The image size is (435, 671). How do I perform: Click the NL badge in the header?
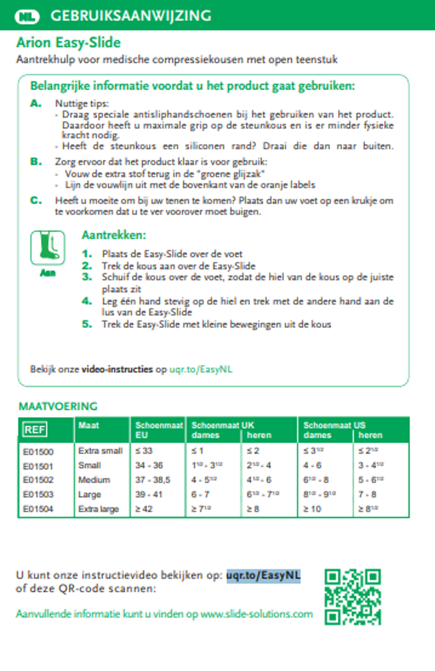click(x=27, y=16)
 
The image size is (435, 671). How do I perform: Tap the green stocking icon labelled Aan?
click(x=48, y=248)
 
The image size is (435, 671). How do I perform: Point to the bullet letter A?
click(x=36, y=104)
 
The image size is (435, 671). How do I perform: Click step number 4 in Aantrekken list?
click(x=87, y=301)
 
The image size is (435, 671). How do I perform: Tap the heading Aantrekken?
click(x=114, y=235)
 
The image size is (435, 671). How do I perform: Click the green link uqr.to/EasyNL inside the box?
click(x=201, y=369)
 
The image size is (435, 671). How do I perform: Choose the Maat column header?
click(x=89, y=425)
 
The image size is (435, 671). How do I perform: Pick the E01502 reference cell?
click(x=38, y=480)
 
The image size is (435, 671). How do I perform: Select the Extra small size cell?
click(x=100, y=451)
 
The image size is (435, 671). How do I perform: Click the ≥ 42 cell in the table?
click(x=144, y=509)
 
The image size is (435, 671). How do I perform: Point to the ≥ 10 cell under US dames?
click(x=312, y=509)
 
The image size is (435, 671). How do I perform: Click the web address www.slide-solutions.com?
click(x=256, y=614)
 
